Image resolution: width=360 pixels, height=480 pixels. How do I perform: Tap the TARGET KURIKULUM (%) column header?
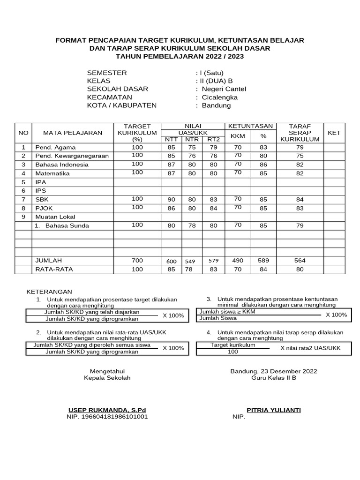pos(137,133)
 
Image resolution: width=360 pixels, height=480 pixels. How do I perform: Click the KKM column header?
pos(238,136)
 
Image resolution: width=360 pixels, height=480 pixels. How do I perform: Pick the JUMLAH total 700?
pos(137,260)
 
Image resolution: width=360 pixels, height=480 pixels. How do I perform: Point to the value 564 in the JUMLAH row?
pos(300,260)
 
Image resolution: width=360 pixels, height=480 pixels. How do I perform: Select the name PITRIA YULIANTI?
pos(274,410)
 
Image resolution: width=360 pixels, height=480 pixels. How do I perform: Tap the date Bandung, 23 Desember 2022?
pos(274,371)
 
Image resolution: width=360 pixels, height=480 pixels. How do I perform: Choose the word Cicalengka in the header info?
pos(219,97)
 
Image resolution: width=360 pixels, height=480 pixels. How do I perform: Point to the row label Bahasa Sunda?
pos(67,225)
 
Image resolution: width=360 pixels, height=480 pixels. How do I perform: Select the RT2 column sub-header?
pos(213,139)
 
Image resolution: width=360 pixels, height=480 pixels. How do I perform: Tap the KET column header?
pos(334,133)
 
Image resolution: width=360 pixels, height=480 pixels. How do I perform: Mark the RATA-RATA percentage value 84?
pos(263,269)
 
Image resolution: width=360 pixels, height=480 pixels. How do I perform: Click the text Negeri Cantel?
pos(224,89)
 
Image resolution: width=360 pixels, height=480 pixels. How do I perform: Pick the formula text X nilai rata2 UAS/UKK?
pos(310,348)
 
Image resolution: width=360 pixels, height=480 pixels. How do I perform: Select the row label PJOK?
pos(44,208)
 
